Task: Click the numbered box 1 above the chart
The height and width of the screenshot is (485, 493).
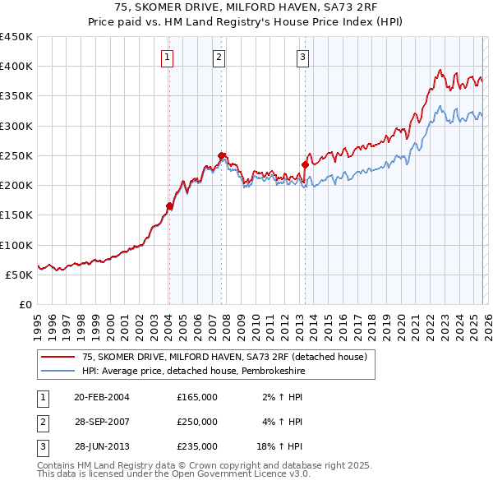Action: point(167,57)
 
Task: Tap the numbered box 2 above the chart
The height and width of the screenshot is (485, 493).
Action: point(219,57)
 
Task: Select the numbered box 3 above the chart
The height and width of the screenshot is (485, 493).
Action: point(302,57)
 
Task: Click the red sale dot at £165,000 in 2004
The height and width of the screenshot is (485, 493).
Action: point(169,206)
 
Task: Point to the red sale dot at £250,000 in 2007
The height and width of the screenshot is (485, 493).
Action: point(222,155)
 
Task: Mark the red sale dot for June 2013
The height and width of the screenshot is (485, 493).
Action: point(305,164)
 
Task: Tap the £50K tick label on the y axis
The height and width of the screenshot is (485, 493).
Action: point(20,275)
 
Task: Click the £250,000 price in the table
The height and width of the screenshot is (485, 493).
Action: point(196,422)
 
